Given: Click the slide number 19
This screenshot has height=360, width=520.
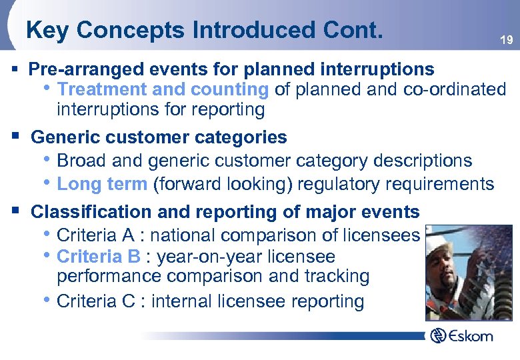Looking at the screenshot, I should click(x=507, y=41).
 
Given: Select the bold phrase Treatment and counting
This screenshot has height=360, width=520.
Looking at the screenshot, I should click(x=163, y=89).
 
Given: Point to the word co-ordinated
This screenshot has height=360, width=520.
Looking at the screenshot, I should click(x=455, y=89).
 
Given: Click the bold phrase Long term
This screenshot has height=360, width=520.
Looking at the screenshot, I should click(x=102, y=183).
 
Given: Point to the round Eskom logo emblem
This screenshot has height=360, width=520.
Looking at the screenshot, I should click(x=438, y=335).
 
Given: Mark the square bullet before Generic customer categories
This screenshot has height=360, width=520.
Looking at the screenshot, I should click(x=15, y=137).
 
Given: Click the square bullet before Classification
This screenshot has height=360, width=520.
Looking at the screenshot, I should click(x=15, y=211).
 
